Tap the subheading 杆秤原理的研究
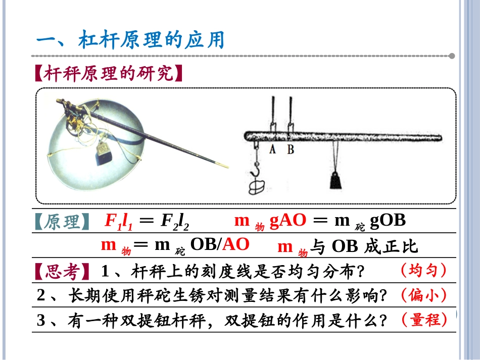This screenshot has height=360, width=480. (109, 73)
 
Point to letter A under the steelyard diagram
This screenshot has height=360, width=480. (272, 149)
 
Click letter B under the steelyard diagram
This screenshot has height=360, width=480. (291, 149)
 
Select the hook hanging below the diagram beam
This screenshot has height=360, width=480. (256, 170)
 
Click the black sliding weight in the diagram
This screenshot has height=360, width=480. (335, 180)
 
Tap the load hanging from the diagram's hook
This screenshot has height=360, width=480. (257, 187)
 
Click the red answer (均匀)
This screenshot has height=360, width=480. (423, 271)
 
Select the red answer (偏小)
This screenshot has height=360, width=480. (423, 295)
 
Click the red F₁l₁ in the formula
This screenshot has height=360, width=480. (118, 221)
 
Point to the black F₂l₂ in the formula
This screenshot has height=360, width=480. (175, 221)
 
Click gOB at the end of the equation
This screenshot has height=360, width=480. (388, 221)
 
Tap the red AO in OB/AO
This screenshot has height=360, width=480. (236, 244)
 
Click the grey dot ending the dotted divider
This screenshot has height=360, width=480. (452, 56)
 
